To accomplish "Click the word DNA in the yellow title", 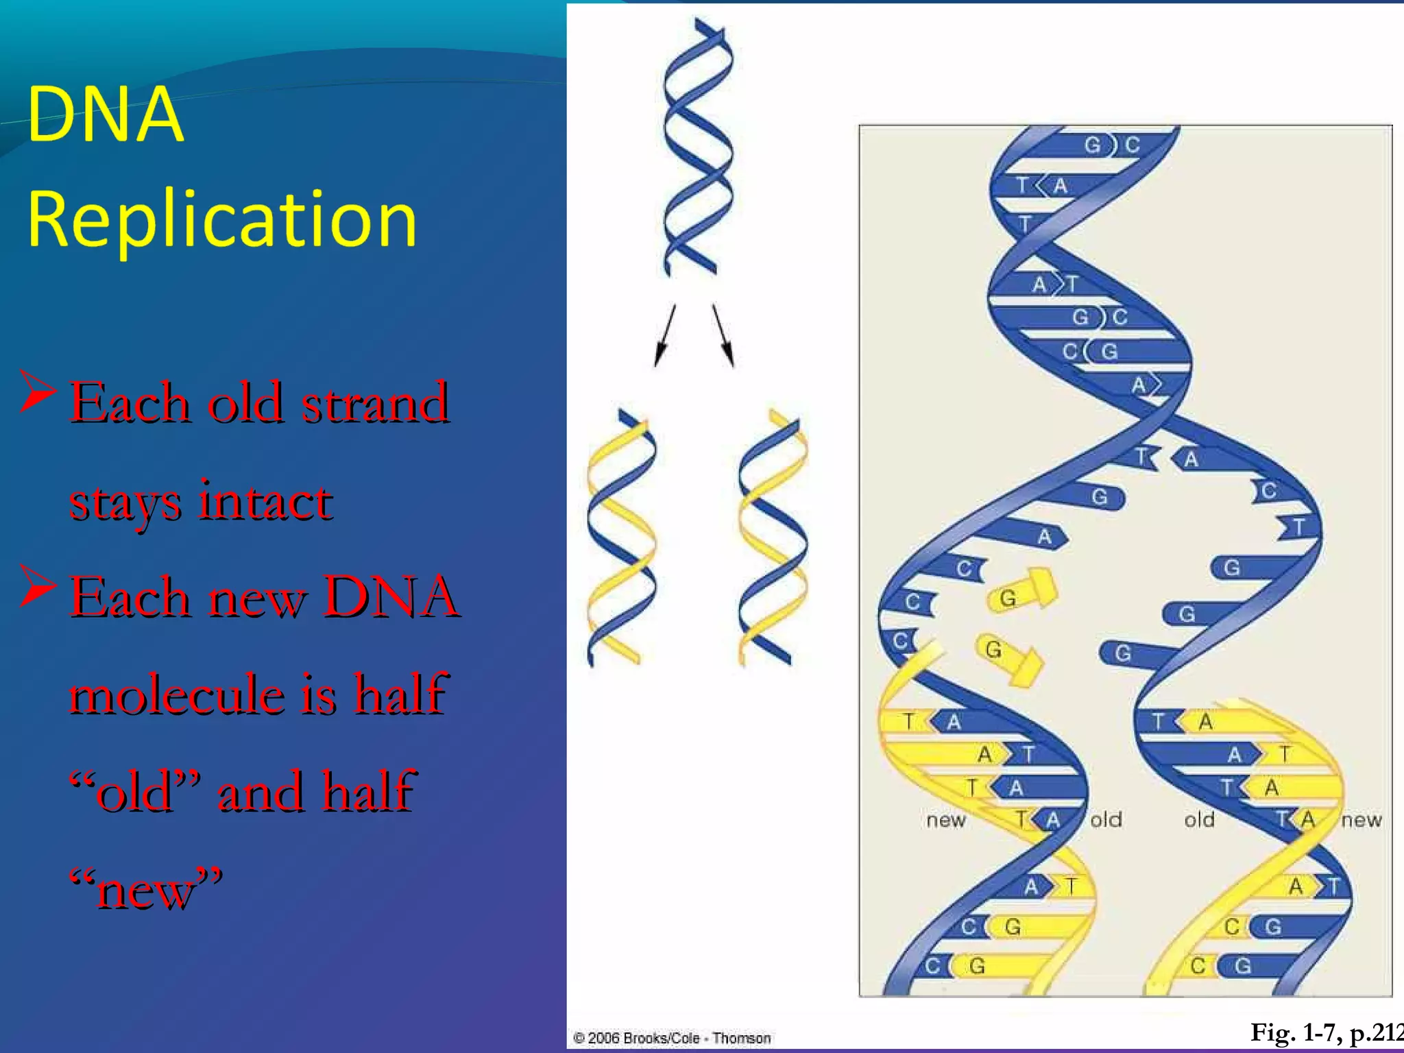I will tap(106, 114).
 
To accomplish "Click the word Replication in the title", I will tap(221, 219).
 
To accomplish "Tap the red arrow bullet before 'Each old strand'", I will tap(37, 391).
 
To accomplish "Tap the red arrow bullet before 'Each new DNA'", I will tap(37, 586).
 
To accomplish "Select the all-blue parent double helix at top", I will tap(697, 147).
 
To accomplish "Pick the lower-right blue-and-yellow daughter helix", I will tap(773, 538).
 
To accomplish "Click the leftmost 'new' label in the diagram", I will tap(945, 820).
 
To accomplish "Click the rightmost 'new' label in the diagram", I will tap(1361, 820).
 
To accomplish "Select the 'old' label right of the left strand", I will tap(1106, 820).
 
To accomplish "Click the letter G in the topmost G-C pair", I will tap(1092, 145).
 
